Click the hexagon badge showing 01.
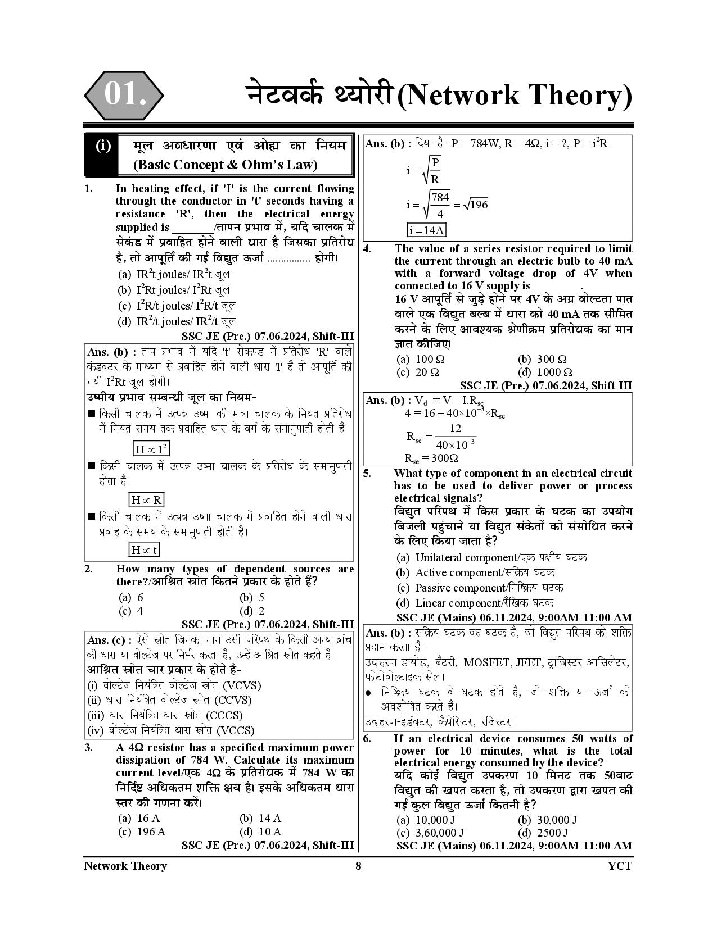124,95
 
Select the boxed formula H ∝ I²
151,449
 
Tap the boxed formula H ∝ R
146,499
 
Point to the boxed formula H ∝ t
144,549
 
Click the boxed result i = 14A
426,230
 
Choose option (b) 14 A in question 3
261,819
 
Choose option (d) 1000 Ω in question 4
545,372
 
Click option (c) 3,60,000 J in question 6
430,833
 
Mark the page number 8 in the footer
358,866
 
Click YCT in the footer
620,866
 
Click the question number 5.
367,473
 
